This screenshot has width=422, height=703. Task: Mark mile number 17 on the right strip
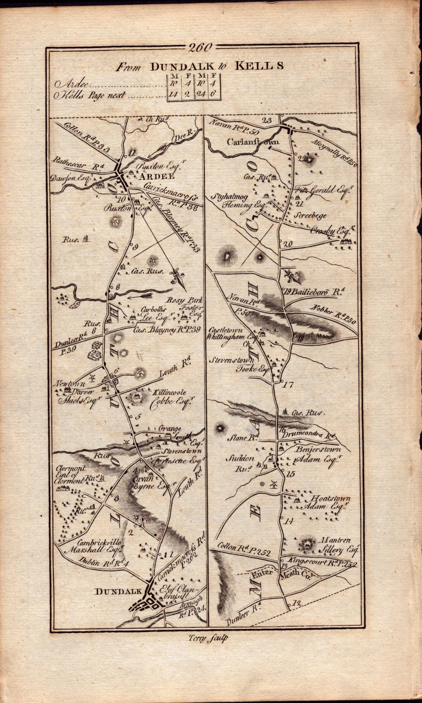tap(288, 385)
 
